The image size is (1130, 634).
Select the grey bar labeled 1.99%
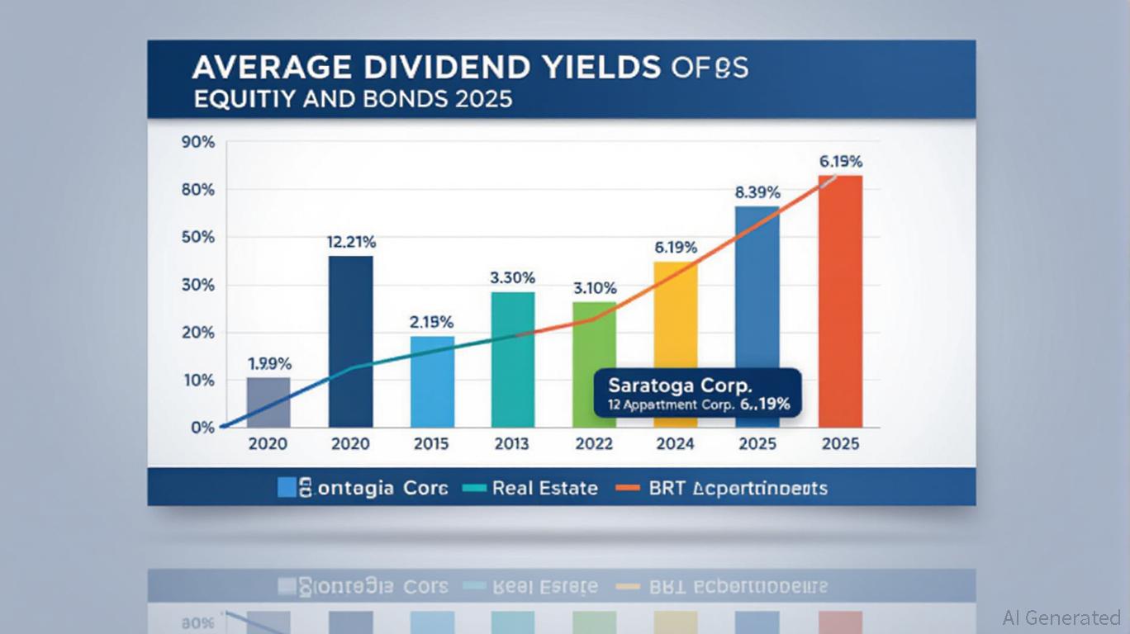point(268,402)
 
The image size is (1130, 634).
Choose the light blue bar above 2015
point(432,381)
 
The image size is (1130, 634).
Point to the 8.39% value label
point(757,192)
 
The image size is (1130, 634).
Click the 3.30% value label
point(513,278)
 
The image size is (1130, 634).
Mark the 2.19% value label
point(432,322)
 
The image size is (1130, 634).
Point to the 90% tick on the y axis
point(197,142)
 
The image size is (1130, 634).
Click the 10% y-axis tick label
point(197,381)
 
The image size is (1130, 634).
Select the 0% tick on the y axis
point(202,428)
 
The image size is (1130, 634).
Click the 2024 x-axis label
point(675,444)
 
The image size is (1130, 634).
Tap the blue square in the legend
point(287,487)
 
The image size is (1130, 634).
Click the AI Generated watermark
point(1061,617)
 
